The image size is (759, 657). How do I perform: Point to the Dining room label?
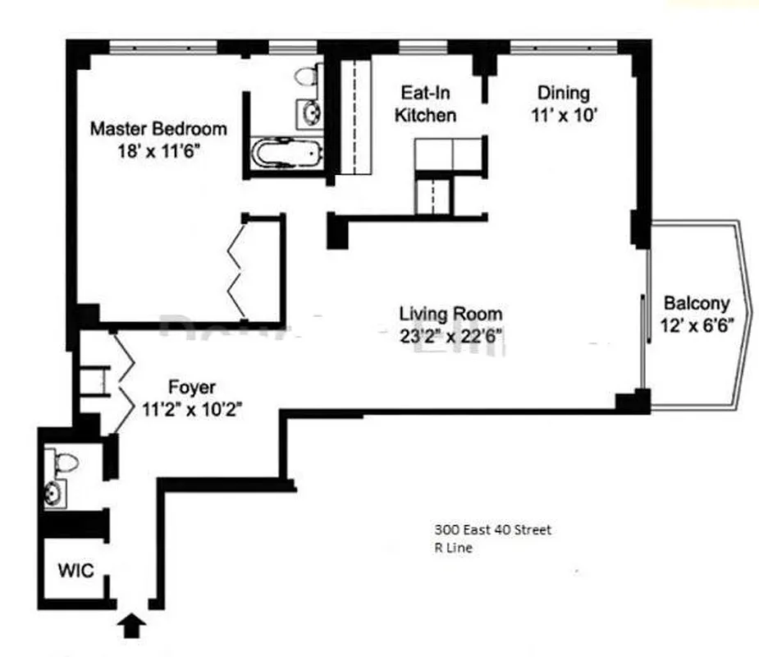click(x=563, y=93)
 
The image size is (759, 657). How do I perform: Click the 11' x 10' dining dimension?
click(x=563, y=116)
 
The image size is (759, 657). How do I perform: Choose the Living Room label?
click(x=450, y=313)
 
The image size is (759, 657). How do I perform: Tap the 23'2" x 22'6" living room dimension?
click(x=450, y=335)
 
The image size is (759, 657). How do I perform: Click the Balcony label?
click(x=696, y=301)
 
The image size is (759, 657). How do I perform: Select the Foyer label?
click(x=192, y=386)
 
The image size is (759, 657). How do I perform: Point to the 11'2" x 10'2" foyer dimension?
click(x=192, y=408)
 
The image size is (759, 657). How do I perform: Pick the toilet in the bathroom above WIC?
click(x=64, y=462)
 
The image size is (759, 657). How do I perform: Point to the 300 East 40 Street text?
click(x=492, y=530)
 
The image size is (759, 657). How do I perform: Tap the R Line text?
click(x=453, y=549)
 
